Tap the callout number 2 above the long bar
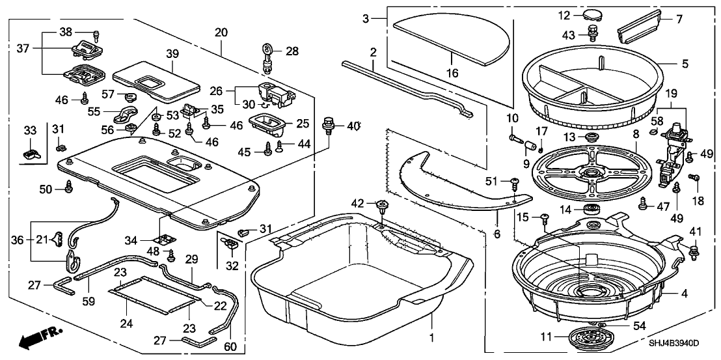[373, 51]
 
